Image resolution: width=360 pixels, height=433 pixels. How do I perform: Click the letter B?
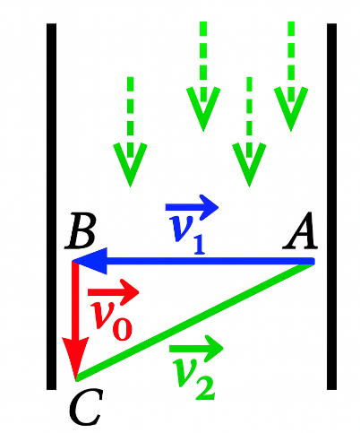81,231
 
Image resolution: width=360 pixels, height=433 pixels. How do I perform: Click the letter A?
300,230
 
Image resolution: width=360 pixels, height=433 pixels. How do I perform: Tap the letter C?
86,407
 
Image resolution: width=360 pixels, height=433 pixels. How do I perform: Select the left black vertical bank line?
51,206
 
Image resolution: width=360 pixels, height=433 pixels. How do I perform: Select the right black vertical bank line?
331,206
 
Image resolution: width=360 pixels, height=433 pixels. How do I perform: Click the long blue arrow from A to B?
193,261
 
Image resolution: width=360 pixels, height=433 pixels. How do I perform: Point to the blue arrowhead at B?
90,261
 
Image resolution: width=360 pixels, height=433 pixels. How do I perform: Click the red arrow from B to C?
76,320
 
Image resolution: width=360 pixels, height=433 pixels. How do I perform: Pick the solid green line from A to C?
195,322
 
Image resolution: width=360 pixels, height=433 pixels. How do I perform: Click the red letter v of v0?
101,314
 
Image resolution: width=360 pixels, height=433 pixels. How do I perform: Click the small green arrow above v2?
196,348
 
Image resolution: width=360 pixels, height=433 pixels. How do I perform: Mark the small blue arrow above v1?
193,207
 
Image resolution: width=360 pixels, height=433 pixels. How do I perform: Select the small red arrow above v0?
114,292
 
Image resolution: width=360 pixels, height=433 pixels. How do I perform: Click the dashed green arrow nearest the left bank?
130,132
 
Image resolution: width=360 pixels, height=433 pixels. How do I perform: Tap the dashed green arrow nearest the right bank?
291,76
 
